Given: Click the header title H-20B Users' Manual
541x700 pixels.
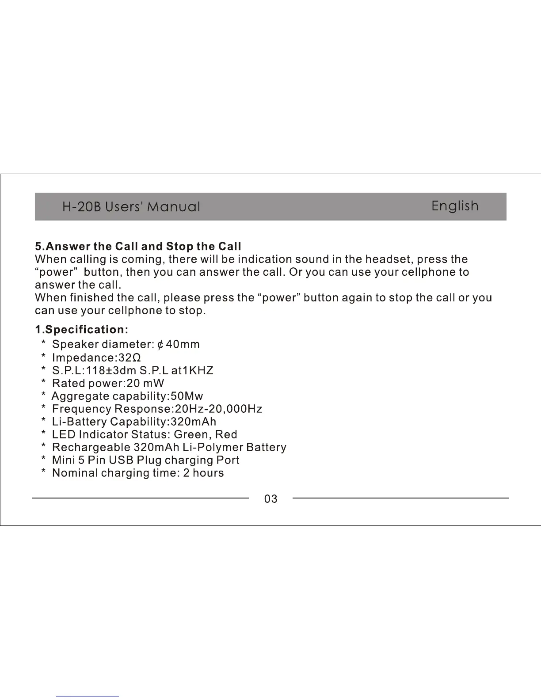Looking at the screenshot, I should [131, 207].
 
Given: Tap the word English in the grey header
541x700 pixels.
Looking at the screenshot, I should [455, 206].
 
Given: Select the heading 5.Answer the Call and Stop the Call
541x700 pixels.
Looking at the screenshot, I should [138, 246].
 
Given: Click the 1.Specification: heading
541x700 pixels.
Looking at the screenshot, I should [82, 330].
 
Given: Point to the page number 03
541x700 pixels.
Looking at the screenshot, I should [270, 499].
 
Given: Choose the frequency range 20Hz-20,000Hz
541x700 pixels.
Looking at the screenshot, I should [218, 409].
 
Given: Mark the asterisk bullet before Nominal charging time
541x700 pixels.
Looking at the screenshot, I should [43, 472].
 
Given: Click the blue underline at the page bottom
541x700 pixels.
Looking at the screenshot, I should [88, 696].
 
